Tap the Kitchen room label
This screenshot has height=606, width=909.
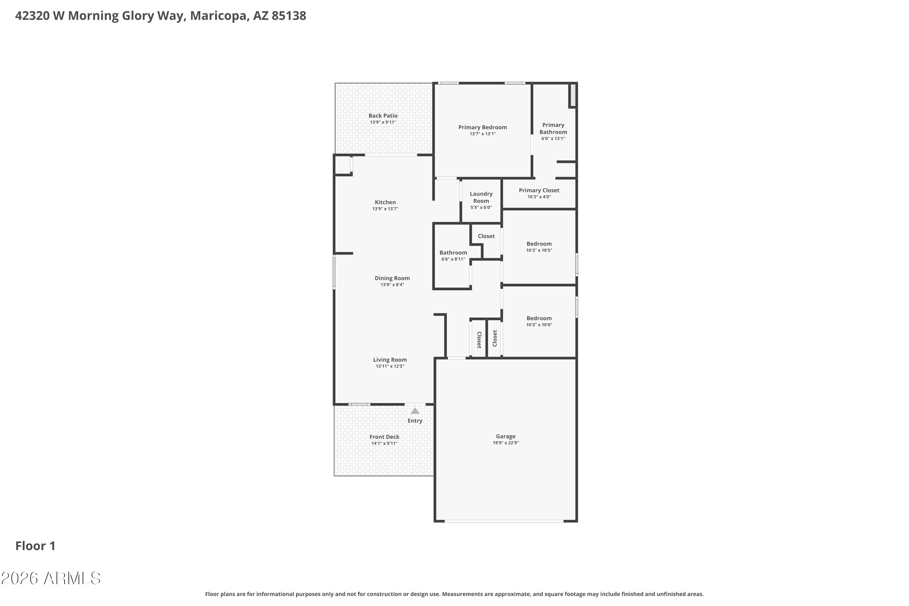(x=385, y=202)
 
